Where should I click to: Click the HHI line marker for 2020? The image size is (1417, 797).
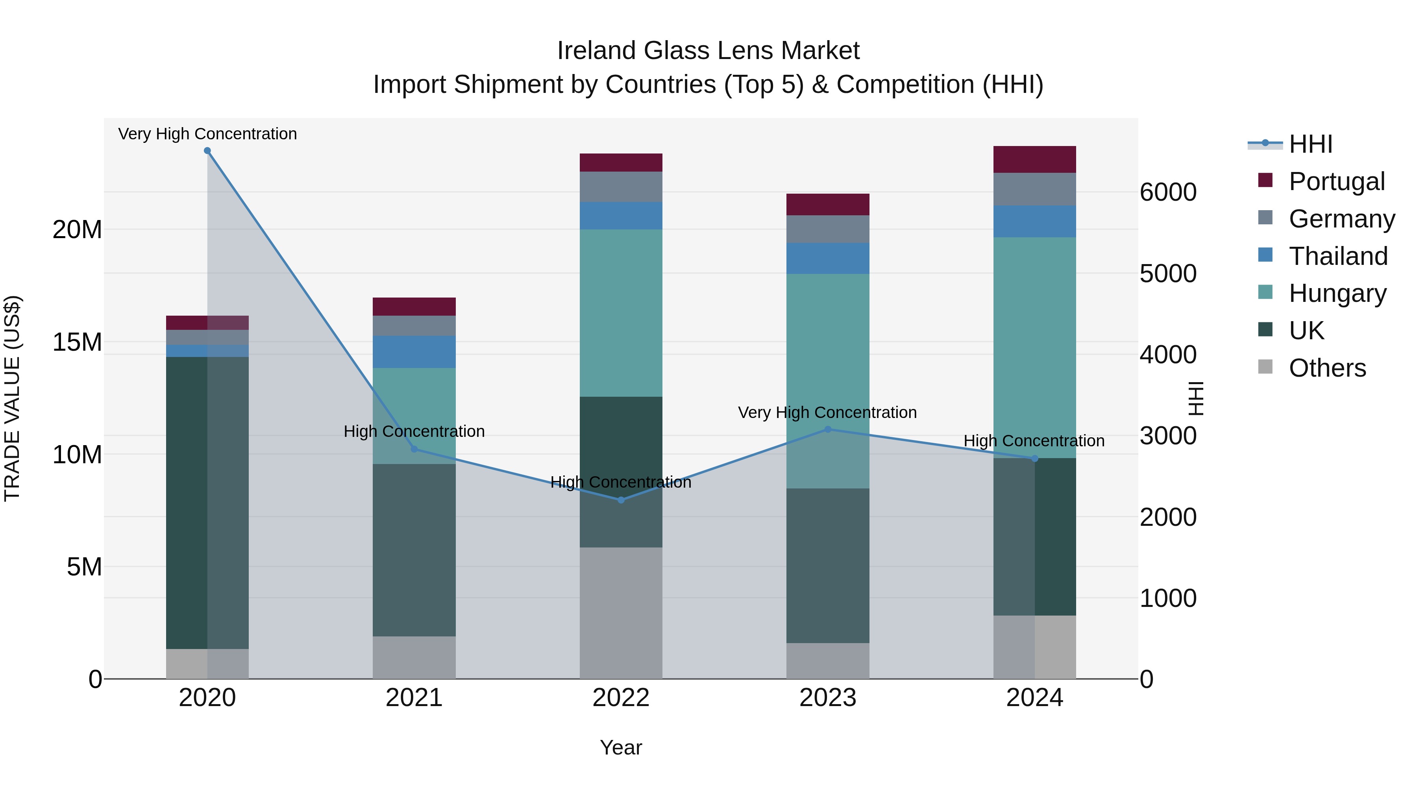[207, 151]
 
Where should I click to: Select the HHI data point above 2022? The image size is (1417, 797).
[621, 500]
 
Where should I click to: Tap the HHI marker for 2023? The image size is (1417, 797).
[828, 429]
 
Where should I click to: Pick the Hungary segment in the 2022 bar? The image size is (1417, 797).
[621, 313]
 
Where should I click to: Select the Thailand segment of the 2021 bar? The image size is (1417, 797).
[414, 352]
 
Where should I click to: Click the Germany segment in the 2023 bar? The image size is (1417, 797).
[828, 229]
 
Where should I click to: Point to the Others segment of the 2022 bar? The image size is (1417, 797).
[621, 613]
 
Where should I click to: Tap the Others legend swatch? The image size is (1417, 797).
[1265, 367]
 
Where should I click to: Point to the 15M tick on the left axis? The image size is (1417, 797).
[77, 342]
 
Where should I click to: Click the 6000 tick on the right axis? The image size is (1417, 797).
[1168, 192]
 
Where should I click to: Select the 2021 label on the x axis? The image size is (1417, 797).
[414, 698]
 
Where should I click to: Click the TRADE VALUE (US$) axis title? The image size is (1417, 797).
[12, 398]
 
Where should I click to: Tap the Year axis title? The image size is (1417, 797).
[621, 747]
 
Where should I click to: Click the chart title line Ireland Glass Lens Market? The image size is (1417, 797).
[708, 51]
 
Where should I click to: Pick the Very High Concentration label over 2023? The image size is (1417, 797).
[827, 412]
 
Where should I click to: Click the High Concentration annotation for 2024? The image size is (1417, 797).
[1034, 441]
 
